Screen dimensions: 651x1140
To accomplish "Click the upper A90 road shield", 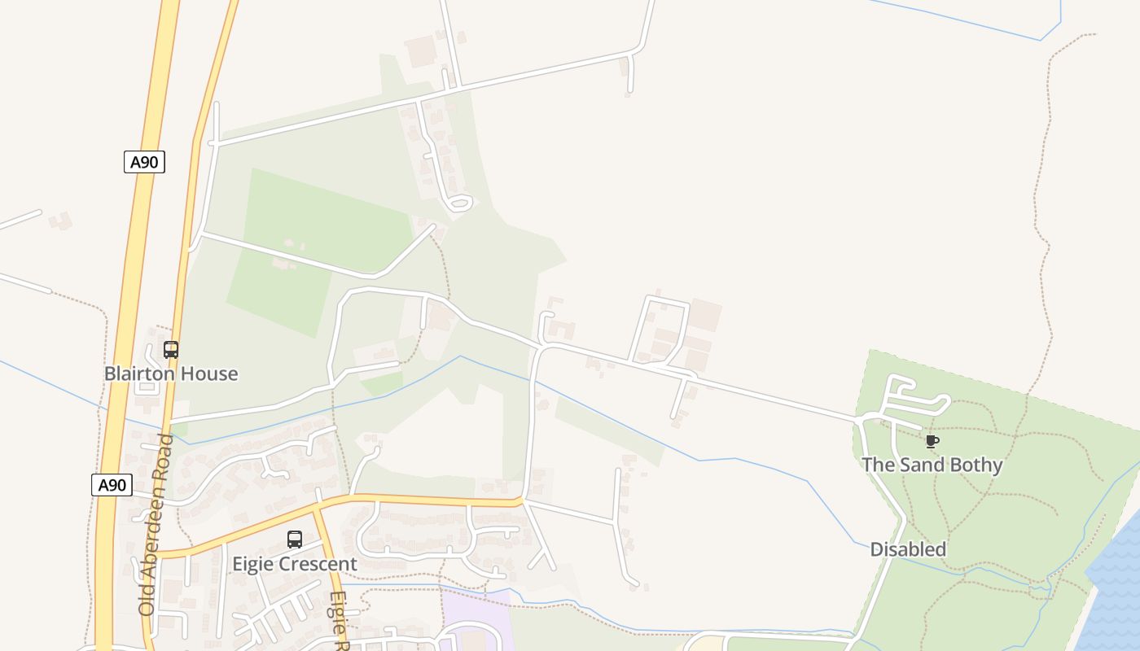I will tap(144, 162).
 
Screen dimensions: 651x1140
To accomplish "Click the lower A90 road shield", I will tap(112, 486).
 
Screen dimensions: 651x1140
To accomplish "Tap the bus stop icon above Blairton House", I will tap(171, 350).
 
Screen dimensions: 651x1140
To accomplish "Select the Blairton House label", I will tap(171, 374).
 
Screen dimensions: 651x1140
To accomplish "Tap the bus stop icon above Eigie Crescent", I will tap(295, 540).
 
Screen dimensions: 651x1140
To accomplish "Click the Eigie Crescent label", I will tap(295, 564).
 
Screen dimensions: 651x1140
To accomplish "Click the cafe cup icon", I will tap(932, 442).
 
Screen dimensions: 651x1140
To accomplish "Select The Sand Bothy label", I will tap(932, 465).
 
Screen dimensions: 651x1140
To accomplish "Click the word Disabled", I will tap(908, 549).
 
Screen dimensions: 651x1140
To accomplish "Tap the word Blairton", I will tap(141, 374).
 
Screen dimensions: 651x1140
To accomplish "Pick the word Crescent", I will tap(318, 564).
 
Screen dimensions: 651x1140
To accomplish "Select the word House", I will tap(209, 374).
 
